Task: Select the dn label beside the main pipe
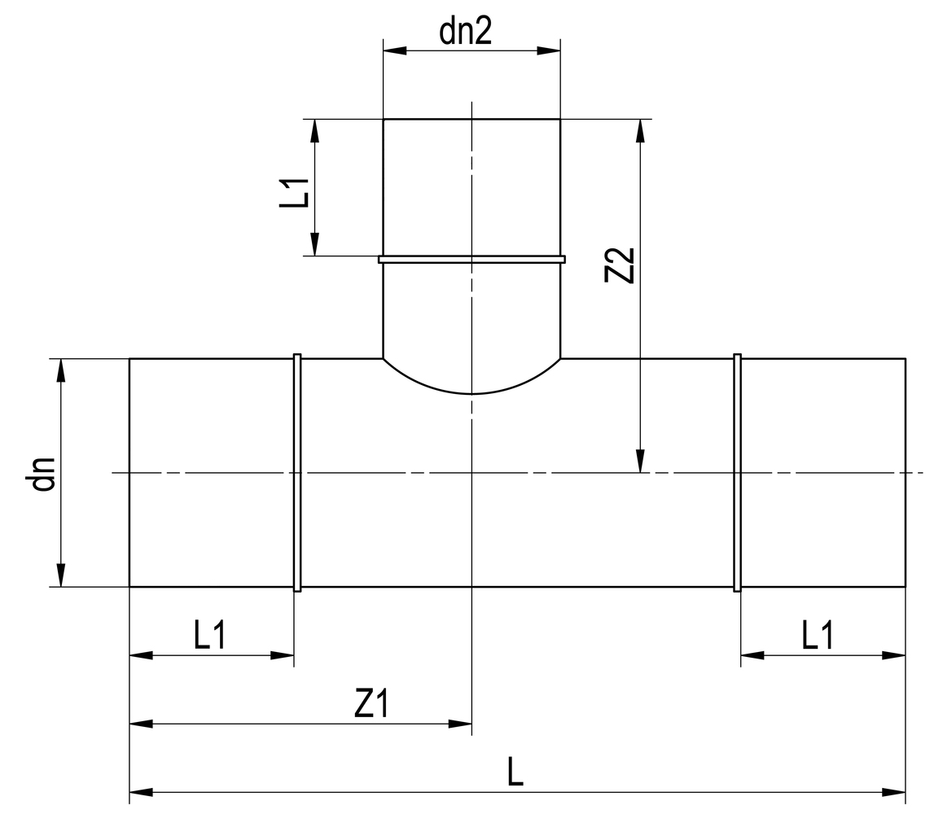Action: click(x=42, y=474)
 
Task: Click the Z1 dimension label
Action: click(x=371, y=705)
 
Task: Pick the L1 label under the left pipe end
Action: click(x=210, y=636)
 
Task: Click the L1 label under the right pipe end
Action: click(x=817, y=636)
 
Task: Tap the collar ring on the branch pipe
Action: click(x=471, y=260)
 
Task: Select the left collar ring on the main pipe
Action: click(x=297, y=472)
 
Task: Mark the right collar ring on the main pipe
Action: click(x=738, y=472)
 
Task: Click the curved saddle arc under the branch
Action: click(x=471, y=392)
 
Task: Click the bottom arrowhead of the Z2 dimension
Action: click(x=641, y=462)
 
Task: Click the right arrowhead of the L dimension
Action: click(x=895, y=791)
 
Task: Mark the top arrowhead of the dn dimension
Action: click(x=60, y=370)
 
